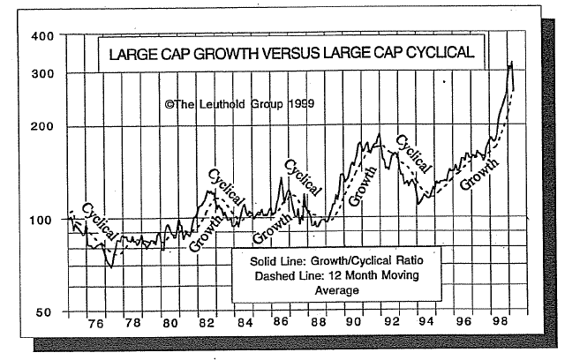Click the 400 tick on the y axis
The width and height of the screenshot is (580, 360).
point(42,36)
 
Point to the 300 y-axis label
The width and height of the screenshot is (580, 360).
point(42,72)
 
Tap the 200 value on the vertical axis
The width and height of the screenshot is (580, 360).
point(42,126)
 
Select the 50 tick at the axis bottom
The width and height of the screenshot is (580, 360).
point(46,311)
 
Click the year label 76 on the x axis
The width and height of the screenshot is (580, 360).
point(96,324)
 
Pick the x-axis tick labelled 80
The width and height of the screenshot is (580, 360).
point(171,324)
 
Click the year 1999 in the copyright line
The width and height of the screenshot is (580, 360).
point(300,104)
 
